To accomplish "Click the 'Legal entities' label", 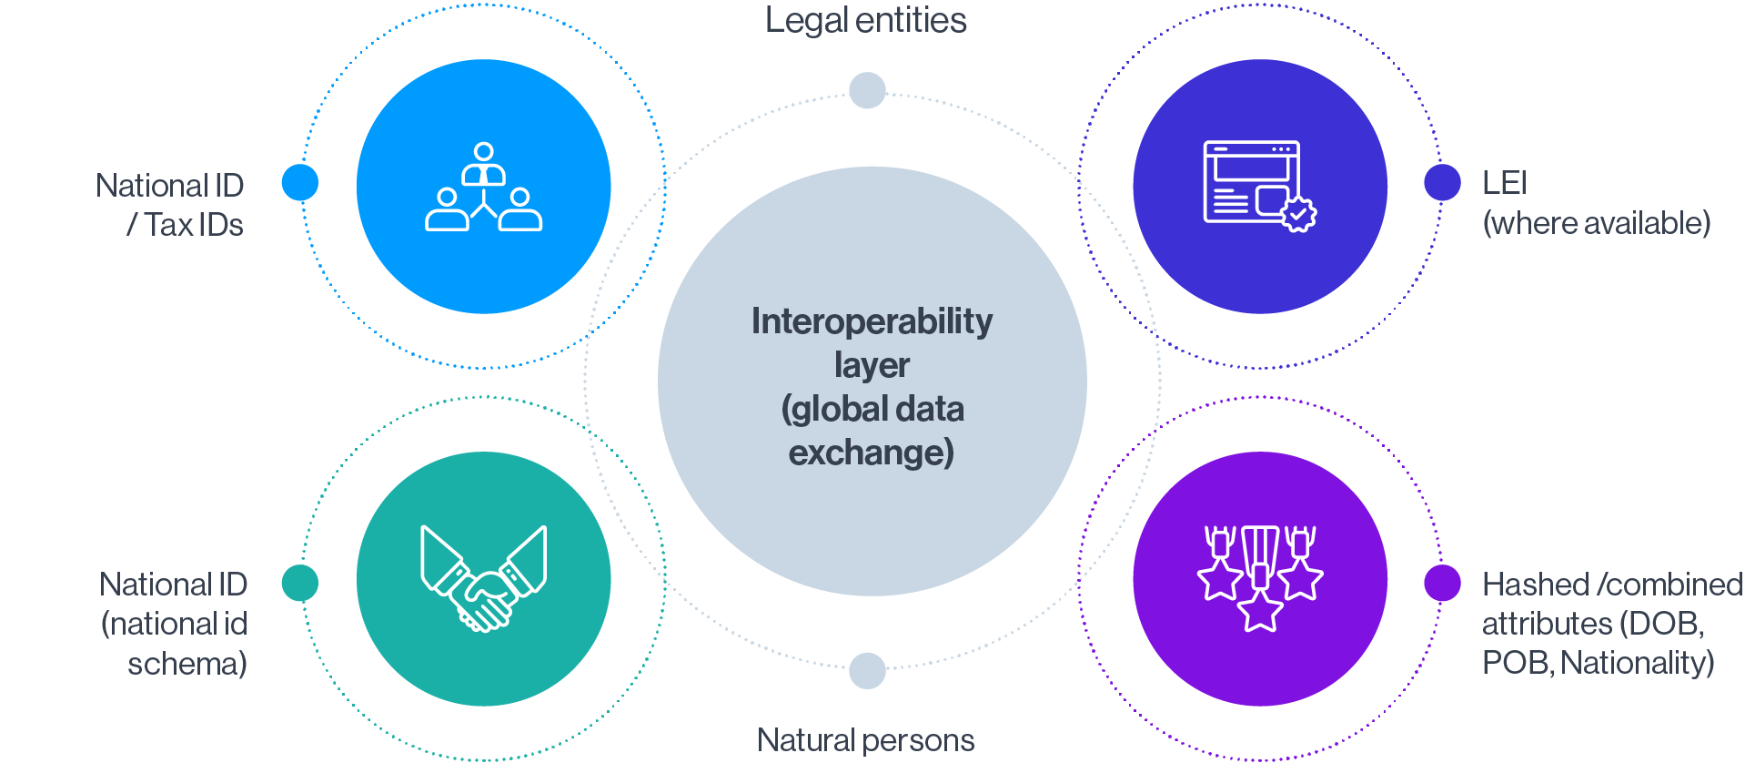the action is pos(865,21).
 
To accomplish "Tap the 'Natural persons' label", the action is pos(865,740).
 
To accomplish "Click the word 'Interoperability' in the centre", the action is pos(872,321).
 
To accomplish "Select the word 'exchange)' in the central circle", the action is pos(872,453).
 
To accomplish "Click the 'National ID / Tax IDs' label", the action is pos(170,205).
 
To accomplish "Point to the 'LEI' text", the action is pos(1505,183).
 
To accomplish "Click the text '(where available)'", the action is pos(1597,223).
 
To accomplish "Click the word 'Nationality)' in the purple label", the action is pos(1638,663).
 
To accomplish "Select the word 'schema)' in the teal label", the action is pos(187,664).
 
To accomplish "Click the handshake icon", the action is pos(484,579).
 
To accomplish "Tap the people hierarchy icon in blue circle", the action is pos(484,187).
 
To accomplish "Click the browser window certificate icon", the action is pos(1260,187).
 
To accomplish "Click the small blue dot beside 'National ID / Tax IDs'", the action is pos(300,182).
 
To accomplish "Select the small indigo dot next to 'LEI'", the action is pos(1442,182).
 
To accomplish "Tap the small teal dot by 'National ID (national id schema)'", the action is pos(300,583).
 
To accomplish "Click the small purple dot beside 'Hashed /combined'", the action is pos(1442,583).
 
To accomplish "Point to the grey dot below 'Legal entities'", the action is pos(867,90).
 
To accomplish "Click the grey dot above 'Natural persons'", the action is pos(867,671).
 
